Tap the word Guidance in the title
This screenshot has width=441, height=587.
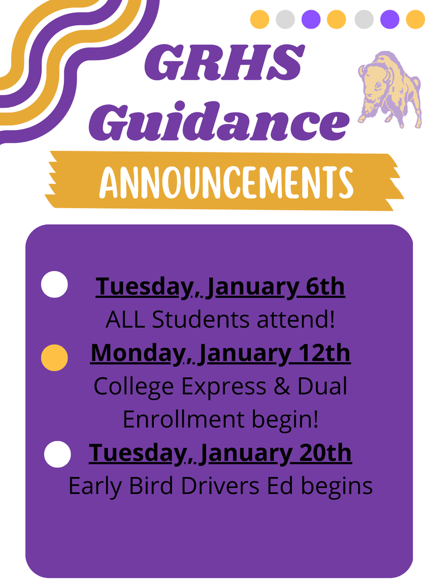tap(219, 121)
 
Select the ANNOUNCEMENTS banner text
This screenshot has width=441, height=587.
tap(226, 181)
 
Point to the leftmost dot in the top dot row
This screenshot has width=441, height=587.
tap(260, 19)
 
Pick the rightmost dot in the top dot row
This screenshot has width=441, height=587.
tap(415, 19)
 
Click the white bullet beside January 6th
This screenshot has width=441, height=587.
tap(55, 285)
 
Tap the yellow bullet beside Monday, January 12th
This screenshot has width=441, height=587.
tap(55, 358)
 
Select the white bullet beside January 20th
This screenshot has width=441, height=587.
tap(57, 455)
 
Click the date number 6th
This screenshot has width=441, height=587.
tap(325, 286)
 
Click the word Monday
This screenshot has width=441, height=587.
tap(136, 353)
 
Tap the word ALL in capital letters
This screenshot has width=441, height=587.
tap(126, 320)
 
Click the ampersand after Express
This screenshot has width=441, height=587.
tap(281, 387)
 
